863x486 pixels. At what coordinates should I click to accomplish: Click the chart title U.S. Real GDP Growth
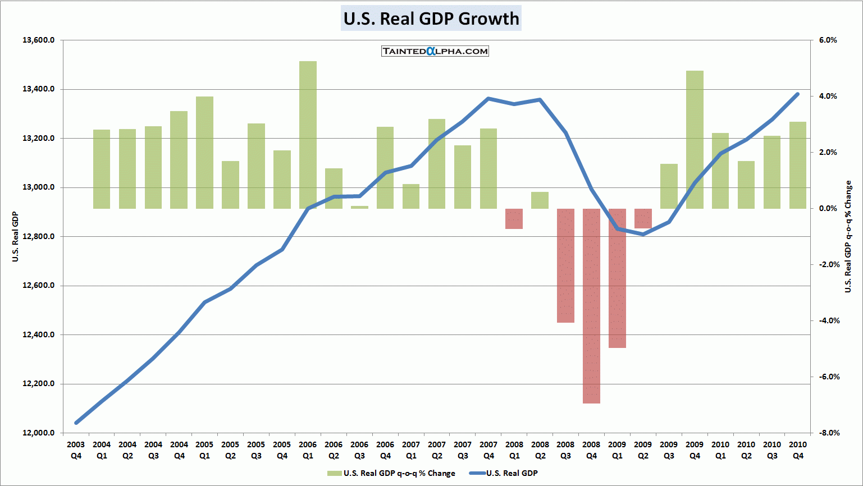(x=431, y=19)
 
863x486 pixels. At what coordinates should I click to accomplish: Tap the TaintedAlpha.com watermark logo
(x=435, y=51)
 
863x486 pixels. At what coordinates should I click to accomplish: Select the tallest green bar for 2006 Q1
(x=308, y=135)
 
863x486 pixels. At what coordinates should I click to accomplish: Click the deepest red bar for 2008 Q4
(x=591, y=306)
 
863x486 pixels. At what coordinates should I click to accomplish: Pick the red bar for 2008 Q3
(x=565, y=265)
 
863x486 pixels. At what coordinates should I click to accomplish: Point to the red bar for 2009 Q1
(x=617, y=278)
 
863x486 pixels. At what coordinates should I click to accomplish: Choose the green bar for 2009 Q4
(x=695, y=140)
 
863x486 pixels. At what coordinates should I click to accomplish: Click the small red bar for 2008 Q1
(x=514, y=219)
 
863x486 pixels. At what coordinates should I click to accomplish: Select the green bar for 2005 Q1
(x=204, y=152)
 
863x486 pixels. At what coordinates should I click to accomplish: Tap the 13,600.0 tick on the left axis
(x=39, y=40)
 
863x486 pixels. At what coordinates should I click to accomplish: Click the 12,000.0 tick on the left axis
(x=39, y=433)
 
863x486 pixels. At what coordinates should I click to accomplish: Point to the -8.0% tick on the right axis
(x=828, y=433)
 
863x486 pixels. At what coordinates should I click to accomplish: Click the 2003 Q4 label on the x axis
(x=76, y=450)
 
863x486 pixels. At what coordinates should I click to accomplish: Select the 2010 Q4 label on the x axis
(x=798, y=450)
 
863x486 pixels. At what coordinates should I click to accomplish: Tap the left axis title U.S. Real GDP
(x=16, y=237)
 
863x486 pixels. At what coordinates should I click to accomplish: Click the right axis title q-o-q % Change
(x=848, y=237)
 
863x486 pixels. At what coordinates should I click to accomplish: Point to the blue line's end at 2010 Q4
(x=798, y=94)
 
